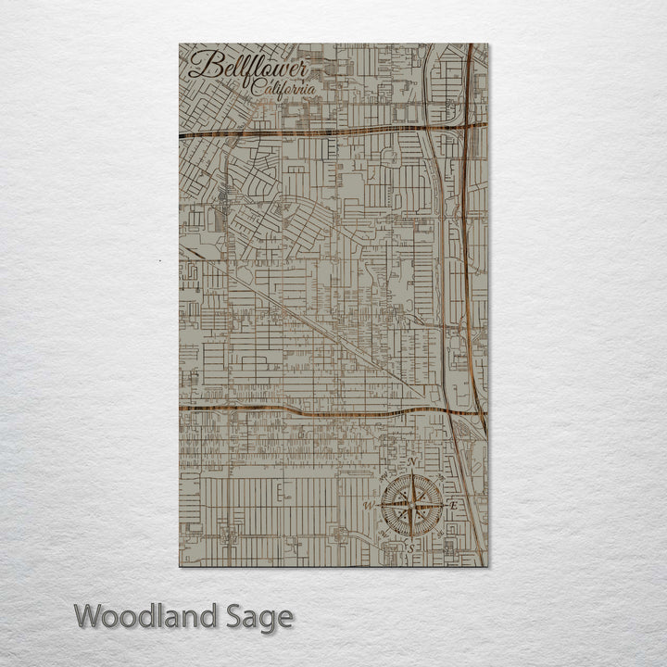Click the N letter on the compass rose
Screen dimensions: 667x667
click(413, 462)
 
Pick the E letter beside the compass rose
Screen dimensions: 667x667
click(453, 505)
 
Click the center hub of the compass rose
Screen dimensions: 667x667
click(410, 506)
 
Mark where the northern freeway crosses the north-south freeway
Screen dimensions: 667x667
click(467, 123)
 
